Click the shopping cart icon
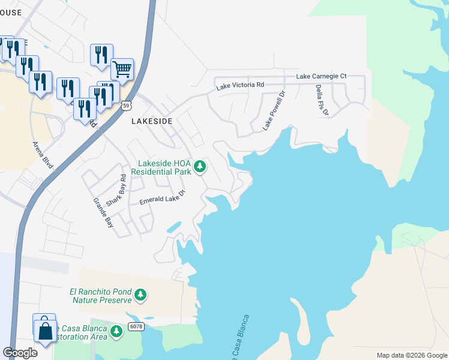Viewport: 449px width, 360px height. point(122,69)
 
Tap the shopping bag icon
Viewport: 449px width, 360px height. point(46,329)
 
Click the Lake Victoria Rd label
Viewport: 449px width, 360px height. point(240,86)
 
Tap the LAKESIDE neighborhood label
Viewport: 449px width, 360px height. point(152,121)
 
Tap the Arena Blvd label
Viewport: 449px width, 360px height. point(41,154)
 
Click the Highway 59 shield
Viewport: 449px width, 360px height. point(125,106)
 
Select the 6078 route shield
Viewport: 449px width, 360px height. point(136,326)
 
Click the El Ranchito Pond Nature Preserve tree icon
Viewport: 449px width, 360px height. point(140,295)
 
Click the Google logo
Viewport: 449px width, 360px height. point(20,353)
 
